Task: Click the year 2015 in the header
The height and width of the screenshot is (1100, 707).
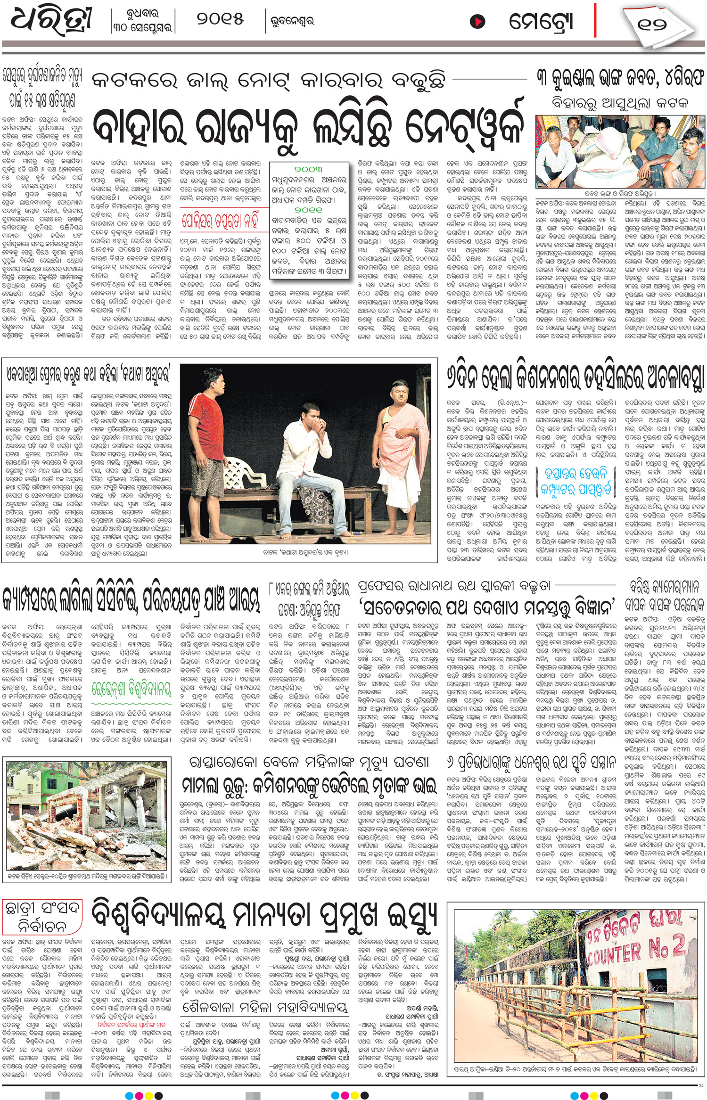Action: (x=221, y=20)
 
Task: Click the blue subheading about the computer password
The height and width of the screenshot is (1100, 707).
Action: (x=575, y=481)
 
